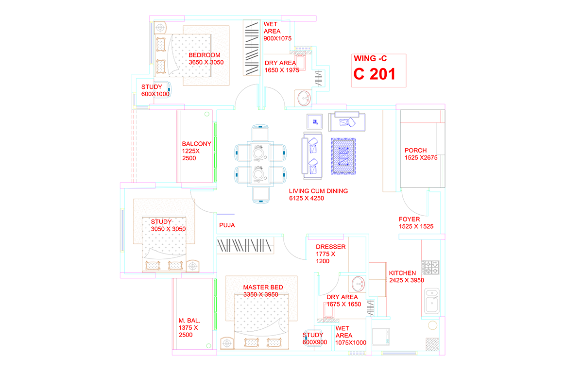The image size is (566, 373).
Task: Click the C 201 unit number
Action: point(374,74)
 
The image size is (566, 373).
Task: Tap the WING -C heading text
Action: point(370,58)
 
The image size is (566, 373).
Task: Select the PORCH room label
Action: point(415,150)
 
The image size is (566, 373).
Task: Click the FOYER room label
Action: point(410,219)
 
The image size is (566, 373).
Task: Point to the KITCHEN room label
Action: point(402,273)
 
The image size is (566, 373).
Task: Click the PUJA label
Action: point(227,225)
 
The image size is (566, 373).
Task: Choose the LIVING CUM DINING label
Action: point(318,191)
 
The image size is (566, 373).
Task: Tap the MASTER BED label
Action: point(263,287)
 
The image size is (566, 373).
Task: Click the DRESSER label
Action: point(331,247)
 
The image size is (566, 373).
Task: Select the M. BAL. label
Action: point(189,321)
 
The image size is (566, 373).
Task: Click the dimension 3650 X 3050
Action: point(206,62)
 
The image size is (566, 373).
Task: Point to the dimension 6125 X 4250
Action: point(307,198)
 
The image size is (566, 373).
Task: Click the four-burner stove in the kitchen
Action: point(430,267)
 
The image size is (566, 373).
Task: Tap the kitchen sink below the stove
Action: point(431,301)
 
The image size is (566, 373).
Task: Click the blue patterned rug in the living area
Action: point(343,156)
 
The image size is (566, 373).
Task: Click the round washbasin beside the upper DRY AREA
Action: point(304,98)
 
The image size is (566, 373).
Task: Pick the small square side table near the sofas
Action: point(314,121)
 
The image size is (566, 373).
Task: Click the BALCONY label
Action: point(196,144)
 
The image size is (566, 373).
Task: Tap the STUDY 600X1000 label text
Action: point(155,90)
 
